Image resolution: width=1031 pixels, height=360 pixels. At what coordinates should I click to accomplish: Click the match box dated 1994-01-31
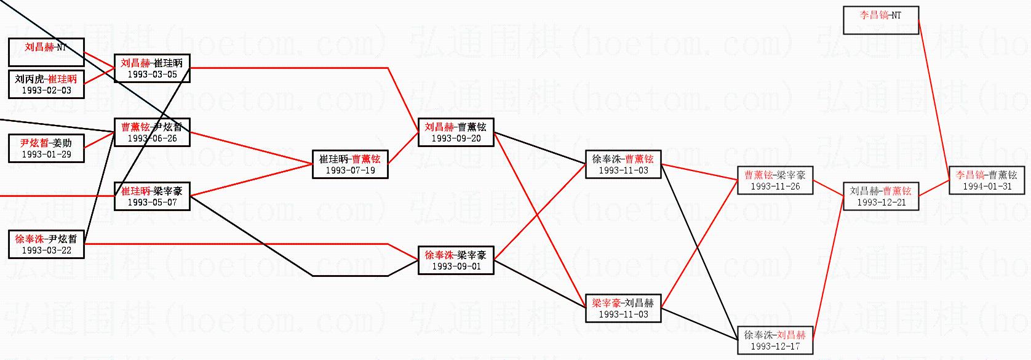[x=987, y=180]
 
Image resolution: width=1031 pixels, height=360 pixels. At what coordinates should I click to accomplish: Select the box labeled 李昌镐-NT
[x=880, y=20]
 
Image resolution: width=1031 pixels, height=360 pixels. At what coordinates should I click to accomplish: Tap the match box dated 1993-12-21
[x=880, y=196]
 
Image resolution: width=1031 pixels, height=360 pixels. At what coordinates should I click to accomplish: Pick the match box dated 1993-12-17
[x=775, y=340]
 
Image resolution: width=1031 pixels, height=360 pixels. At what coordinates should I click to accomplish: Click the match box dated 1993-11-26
[x=775, y=180]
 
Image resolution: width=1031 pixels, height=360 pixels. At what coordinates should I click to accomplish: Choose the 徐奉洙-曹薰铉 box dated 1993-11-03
[x=623, y=164]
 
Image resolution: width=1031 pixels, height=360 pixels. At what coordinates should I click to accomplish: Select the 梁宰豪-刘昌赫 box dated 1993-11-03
[x=623, y=308]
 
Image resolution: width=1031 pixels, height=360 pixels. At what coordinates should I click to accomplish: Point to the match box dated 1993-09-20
[x=455, y=132]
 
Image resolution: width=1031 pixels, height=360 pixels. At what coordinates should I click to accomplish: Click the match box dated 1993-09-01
[x=455, y=260]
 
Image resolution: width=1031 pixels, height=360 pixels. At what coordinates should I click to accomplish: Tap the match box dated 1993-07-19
[x=350, y=164]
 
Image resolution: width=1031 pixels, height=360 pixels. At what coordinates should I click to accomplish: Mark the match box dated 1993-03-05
[x=152, y=68]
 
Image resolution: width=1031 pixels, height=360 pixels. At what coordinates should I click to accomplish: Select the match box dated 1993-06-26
[x=152, y=132]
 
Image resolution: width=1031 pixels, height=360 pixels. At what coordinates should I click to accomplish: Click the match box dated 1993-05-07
[x=152, y=196]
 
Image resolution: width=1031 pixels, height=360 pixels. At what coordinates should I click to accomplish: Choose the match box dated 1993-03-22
[x=46, y=244]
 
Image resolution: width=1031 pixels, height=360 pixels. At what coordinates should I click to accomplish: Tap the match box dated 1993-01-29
[x=46, y=148]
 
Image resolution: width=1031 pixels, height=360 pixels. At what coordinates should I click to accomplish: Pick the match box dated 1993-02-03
[x=46, y=84]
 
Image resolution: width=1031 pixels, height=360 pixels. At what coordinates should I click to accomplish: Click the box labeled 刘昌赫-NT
[x=46, y=52]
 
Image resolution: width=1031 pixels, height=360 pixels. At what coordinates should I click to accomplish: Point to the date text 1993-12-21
[x=881, y=202]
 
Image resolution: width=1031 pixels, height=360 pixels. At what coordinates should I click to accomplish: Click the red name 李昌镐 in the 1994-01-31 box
[x=970, y=175]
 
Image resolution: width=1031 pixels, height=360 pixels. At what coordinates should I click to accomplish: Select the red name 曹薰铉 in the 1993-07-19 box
[x=366, y=159]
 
